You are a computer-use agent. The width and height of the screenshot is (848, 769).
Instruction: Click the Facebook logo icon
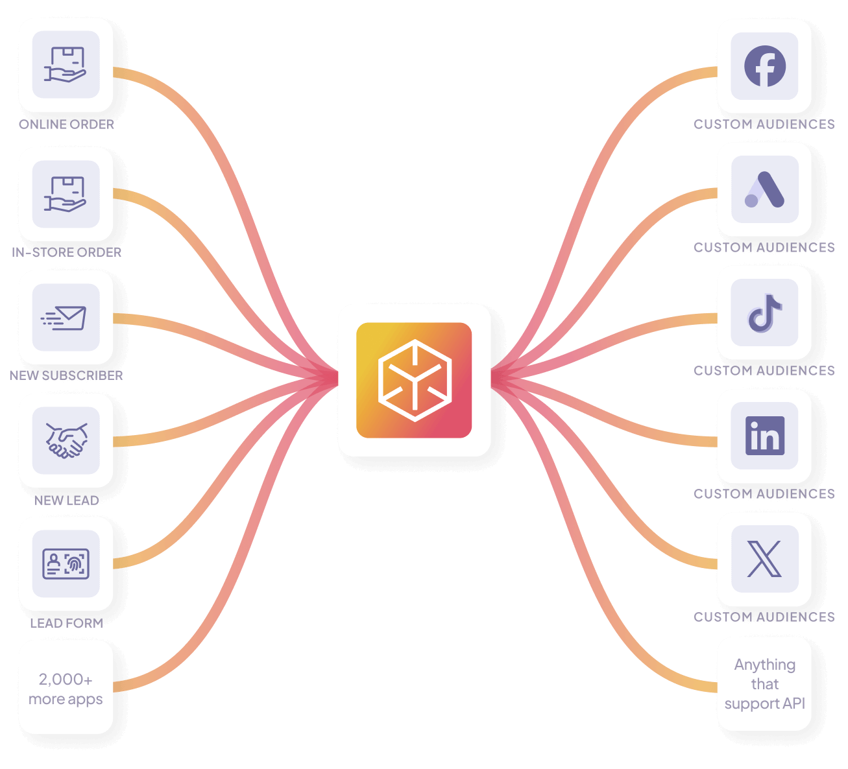coord(764,66)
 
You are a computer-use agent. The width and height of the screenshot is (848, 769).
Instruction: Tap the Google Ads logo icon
coord(764,189)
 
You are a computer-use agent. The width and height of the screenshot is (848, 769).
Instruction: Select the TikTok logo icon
coord(764,313)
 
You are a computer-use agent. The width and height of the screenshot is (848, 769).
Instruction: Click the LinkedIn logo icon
coord(764,436)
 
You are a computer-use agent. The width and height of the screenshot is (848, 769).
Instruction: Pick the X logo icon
coord(764,559)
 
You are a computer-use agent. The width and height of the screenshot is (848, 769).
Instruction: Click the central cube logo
coord(414,380)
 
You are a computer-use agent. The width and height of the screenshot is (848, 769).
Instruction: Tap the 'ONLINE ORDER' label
coord(66,124)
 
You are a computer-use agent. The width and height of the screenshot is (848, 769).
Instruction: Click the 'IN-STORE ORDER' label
coord(66,252)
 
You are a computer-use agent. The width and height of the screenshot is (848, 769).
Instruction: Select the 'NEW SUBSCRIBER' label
coord(66,375)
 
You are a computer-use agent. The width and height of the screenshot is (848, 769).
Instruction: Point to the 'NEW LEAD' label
coord(66,501)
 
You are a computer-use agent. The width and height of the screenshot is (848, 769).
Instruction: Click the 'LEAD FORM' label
coord(66,623)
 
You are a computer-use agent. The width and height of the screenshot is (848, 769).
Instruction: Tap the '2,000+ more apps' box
coord(66,688)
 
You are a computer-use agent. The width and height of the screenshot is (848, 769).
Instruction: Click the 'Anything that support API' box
coord(764,684)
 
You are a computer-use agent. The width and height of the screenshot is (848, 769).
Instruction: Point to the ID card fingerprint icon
coord(66,563)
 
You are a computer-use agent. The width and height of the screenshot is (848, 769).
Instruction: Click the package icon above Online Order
coord(66,65)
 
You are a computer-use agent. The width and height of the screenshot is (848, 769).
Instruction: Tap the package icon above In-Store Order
coord(66,194)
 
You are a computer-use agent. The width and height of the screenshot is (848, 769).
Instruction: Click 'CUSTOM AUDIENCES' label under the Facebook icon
coord(764,124)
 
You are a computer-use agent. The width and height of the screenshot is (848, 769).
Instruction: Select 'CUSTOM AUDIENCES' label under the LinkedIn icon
coord(764,494)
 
